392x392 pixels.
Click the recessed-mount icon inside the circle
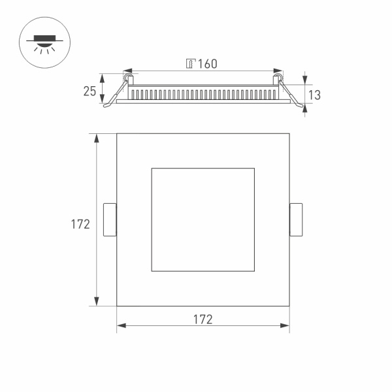[44, 43]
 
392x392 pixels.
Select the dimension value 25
[90, 91]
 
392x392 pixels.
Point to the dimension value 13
[314, 95]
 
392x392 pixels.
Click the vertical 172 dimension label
[80, 224]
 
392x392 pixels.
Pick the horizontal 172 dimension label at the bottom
[203, 319]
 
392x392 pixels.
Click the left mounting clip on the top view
[110, 220]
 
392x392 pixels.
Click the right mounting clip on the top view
[296, 220]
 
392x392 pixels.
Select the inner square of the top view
[203, 220]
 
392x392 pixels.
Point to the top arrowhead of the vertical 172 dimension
[97, 138]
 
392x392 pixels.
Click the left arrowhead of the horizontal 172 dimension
[121, 325]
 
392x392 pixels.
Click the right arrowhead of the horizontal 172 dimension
[286, 325]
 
